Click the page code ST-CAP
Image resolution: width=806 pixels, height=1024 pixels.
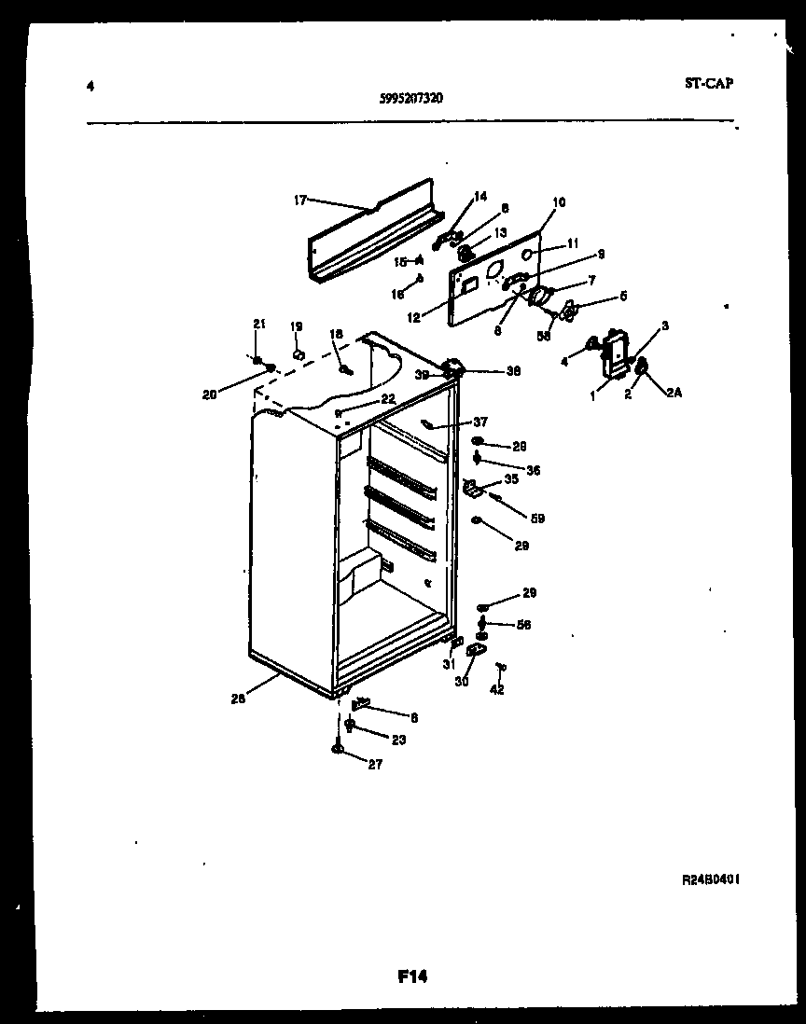(x=708, y=83)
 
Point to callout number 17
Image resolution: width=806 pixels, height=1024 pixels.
(x=300, y=199)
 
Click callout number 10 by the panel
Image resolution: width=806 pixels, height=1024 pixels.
(x=559, y=202)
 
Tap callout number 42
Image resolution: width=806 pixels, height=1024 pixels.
(x=497, y=691)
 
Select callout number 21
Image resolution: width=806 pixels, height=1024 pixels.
(x=260, y=324)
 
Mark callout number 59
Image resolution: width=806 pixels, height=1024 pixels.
(x=537, y=519)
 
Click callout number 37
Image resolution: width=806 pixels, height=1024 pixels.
(x=480, y=421)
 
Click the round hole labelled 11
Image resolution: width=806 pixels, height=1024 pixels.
(x=528, y=254)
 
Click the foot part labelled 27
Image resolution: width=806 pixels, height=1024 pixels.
(x=338, y=748)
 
